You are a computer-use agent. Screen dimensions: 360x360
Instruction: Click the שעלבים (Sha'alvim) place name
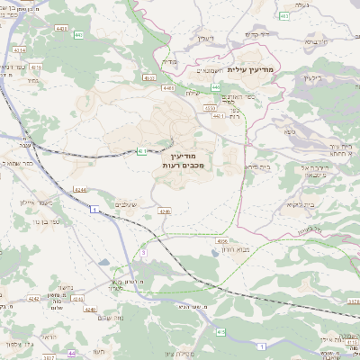tap(127, 205)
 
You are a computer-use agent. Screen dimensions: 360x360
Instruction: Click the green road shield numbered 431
tap(142, 152)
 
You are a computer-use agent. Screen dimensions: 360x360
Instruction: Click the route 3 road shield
tap(143, 253)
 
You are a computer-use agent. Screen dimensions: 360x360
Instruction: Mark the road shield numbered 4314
tap(19, 52)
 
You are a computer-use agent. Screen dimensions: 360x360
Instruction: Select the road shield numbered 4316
tap(36, 67)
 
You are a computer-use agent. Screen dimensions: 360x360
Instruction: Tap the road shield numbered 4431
tap(168, 87)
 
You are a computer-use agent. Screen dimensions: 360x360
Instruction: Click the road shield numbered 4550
tap(209, 108)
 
